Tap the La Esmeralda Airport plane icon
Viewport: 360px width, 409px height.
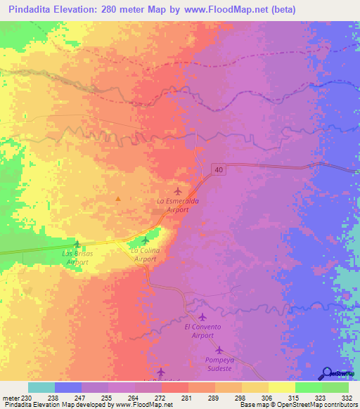tap(178, 190)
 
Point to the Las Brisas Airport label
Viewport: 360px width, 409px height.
tap(77, 257)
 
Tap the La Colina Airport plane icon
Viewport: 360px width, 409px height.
tap(145, 240)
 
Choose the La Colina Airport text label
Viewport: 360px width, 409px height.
tap(146, 254)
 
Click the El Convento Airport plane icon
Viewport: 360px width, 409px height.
tap(203, 318)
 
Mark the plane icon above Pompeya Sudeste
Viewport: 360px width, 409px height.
tap(219, 349)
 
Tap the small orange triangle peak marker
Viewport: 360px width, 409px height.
tap(118, 199)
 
